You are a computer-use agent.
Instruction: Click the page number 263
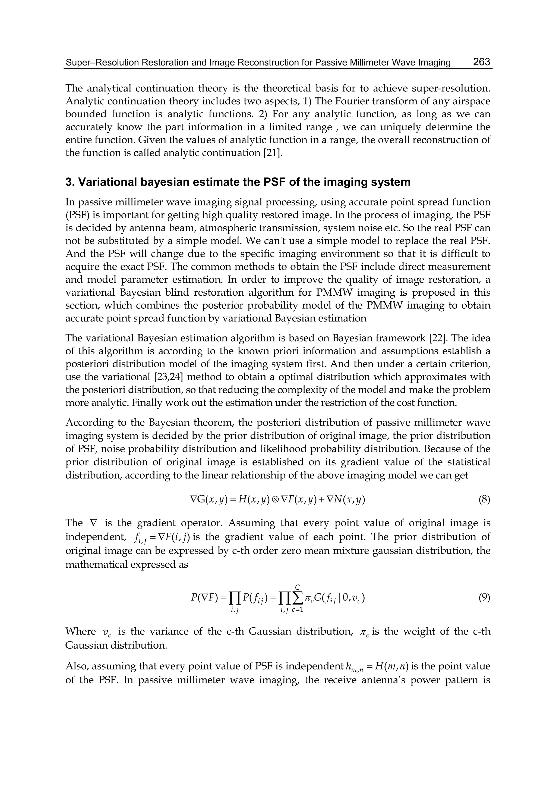click(481, 62)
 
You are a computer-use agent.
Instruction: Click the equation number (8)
click(484, 500)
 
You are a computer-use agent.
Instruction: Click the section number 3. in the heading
click(69, 182)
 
